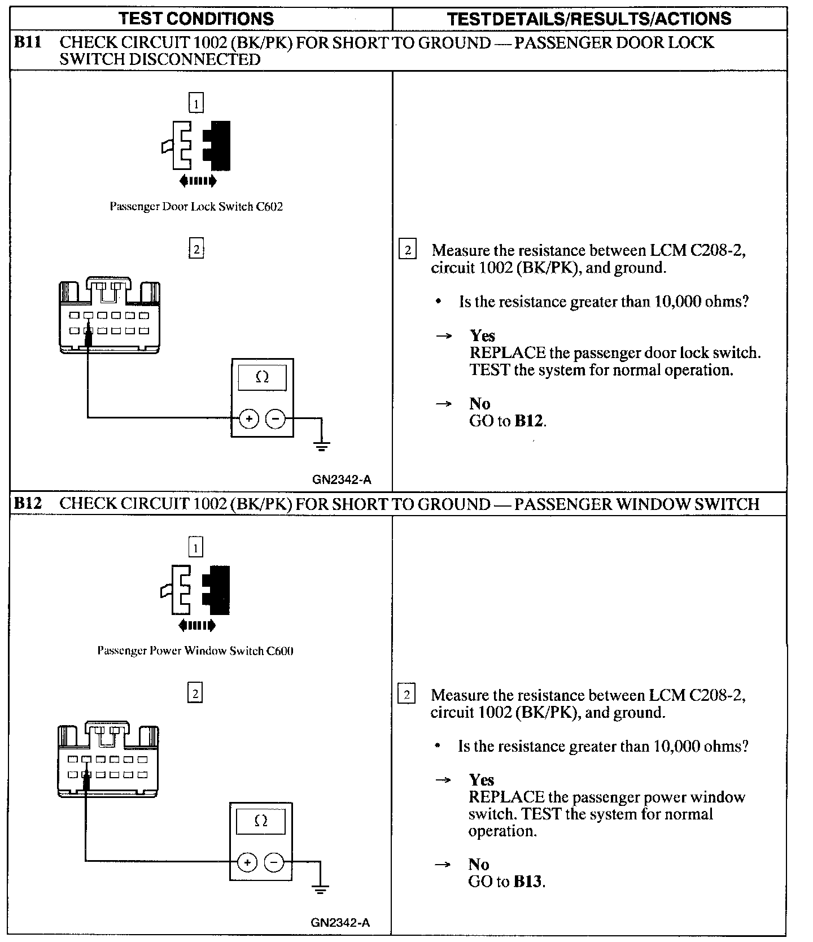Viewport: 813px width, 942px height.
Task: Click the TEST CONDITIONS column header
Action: click(x=196, y=19)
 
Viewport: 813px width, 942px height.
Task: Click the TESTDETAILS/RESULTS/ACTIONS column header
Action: click(x=589, y=19)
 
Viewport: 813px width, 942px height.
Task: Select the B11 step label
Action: click(x=28, y=43)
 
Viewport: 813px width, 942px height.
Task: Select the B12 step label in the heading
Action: click(x=28, y=503)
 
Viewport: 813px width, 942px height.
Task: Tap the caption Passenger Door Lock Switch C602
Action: click(x=196, y=207)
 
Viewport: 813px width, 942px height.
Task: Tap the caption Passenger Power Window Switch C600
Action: click(x=195, y=651)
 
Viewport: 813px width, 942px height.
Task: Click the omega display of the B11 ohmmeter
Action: click(x=262, y=377)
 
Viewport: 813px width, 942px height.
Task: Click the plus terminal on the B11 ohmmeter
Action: click(x=248, y=418)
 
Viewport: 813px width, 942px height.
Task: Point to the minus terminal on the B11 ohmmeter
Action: click(x=275, y=418)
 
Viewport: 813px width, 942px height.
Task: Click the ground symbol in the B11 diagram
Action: click(x=322, y=447)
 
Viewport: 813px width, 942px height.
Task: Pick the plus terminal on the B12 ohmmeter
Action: click(x=247, y=862)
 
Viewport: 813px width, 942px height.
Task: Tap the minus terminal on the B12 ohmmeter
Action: click(x=273, y=862)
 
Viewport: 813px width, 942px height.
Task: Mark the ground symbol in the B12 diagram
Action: click(x=320, y=890)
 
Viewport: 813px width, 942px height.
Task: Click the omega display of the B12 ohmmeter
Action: click(x=261, y=821)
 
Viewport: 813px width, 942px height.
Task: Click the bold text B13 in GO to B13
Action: click(x=529, y=882)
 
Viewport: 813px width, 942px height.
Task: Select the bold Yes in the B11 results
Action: click(x=482, y=335)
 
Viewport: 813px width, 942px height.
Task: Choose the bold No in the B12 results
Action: click(x=479, y=864)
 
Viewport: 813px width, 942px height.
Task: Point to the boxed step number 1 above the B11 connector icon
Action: click(x=196, y=103)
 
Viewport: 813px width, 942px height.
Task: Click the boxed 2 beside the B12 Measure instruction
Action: click(x=406, y=694)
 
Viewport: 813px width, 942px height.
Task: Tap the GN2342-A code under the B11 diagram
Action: click(x=342, y=480)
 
